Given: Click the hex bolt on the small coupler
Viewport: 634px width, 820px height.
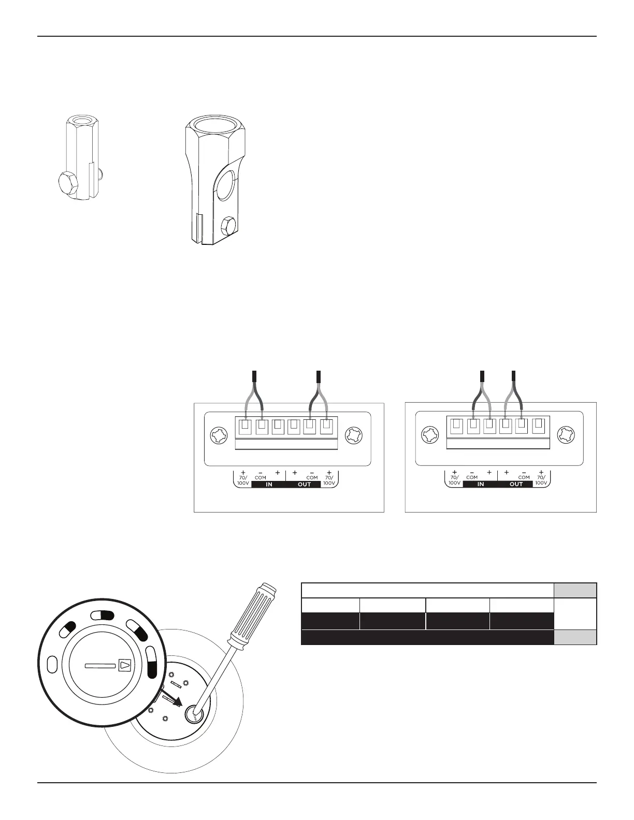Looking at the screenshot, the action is [67, 183].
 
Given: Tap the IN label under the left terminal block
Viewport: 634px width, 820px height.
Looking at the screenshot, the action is [269, 485].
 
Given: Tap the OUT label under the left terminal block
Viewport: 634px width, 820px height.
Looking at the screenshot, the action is [304, 485].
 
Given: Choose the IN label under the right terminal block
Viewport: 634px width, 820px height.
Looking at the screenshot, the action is [480, 485].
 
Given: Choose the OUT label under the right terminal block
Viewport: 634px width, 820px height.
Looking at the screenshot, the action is [516, 485].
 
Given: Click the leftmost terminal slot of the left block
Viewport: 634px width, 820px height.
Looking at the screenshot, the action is [245, 428].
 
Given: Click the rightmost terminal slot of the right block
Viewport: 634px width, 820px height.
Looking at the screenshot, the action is [539, 426].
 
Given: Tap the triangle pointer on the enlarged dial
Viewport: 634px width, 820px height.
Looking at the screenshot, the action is [125, 665].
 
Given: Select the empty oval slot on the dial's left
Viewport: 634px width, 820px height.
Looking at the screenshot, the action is [52, 663].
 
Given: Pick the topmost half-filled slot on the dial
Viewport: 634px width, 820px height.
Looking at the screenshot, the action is [102, 615].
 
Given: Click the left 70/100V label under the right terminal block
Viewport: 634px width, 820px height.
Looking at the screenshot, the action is [454, 480].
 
